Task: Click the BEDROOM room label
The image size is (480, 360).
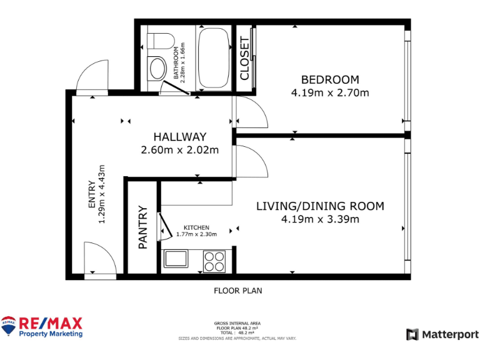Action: [x=330, y=79]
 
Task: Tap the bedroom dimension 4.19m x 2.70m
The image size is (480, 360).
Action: [x=330, y=92]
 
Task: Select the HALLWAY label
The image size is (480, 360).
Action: [x=180, y=137]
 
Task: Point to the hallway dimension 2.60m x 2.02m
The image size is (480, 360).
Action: [x=180, y=149]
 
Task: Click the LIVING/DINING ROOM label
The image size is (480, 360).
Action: [x=320, y=206]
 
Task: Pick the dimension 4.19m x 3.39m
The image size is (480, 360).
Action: [x=320, y=219]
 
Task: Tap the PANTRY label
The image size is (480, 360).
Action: [x=142, y=227]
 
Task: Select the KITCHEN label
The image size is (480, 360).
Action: [x=196, y=227]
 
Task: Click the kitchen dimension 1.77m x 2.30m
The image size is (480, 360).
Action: [x=196, y=234]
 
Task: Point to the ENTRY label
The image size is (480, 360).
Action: [x=92, y=194]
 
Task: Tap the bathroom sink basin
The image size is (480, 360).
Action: [x=156, y=67]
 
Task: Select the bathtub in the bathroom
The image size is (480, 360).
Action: [x=214, y=57]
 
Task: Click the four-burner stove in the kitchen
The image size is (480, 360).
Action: [x=214, y=261]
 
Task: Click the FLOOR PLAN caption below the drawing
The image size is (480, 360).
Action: [x=237, y=291]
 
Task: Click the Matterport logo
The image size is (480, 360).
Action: [x=442, y=334]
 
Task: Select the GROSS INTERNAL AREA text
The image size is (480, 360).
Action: [x=237, y=323]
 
